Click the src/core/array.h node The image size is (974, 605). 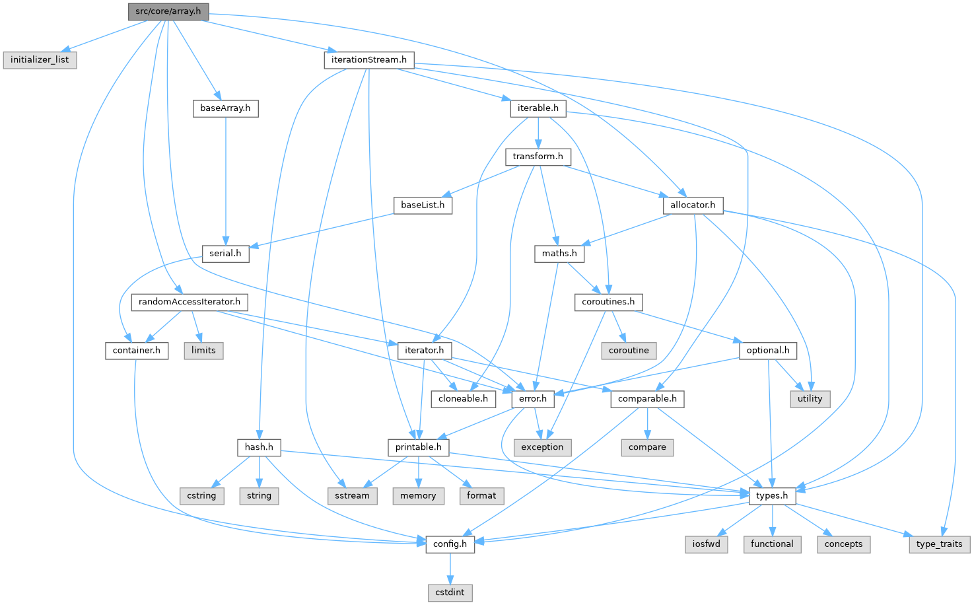point(168,11)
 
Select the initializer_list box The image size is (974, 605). point(40,59)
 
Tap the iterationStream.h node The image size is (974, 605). point(368,59)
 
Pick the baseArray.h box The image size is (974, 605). point(225,108)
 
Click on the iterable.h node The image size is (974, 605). point(538,108)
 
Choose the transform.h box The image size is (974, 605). point(538,156)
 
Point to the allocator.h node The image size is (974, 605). point(692,205)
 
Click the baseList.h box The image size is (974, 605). point(423,205)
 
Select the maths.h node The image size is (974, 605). point(559,253)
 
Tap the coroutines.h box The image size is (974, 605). point(608,302)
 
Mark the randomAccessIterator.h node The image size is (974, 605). point(190,302)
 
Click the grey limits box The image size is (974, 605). point(203,350)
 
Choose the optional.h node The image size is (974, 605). point(768,350)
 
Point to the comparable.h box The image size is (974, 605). point(647,398)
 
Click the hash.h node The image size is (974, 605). point(259,447)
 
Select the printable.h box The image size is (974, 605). point(418,447)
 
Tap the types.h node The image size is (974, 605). point(772,495)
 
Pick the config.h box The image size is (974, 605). point(450,544)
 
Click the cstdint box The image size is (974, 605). point(450,592)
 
